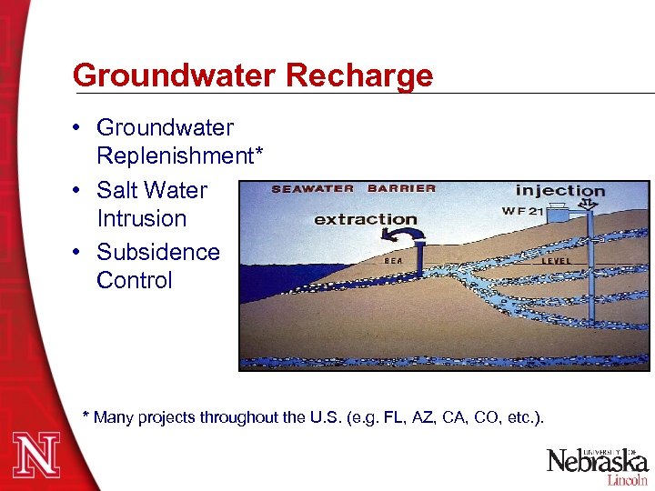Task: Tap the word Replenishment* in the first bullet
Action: point(180,155)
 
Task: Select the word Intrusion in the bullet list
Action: point(141,218)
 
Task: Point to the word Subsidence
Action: point(158,252)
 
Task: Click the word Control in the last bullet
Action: point(134,280)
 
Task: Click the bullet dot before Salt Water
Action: point(82,191)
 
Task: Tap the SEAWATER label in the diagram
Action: point(312,189)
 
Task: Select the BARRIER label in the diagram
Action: point(401,189)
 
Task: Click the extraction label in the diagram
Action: point(365,219)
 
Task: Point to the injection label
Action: point(559,190)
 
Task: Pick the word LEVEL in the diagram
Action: point(557,260)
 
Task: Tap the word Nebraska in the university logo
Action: point(596,462)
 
